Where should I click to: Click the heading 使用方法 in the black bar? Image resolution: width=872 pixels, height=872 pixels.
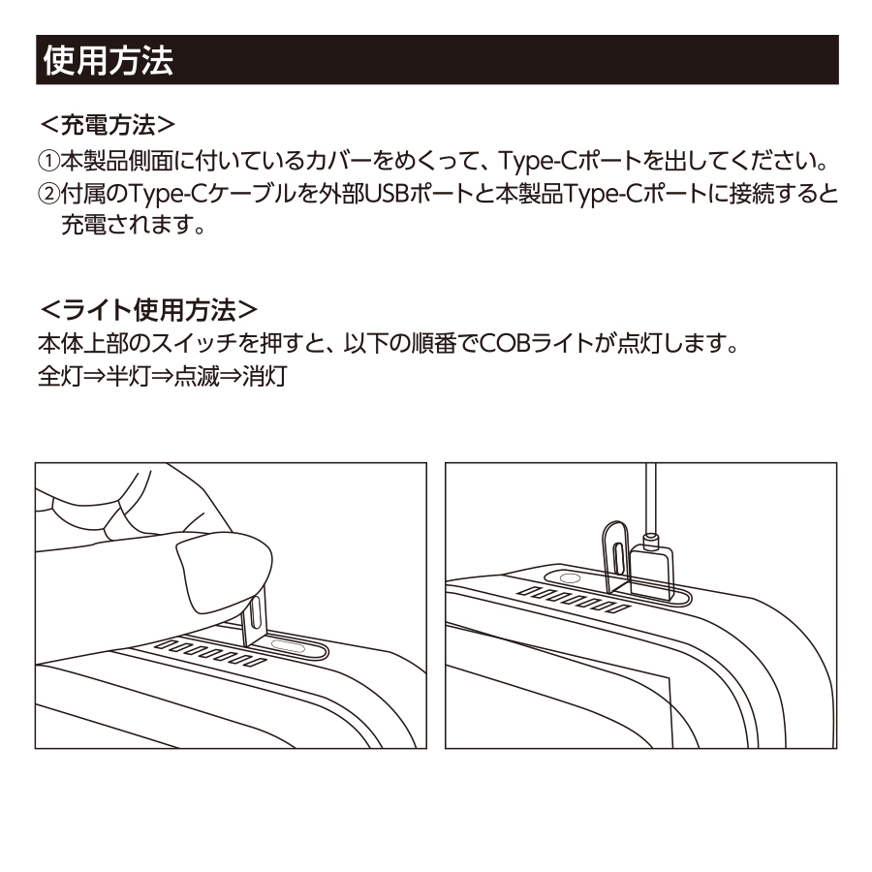click(107, 61)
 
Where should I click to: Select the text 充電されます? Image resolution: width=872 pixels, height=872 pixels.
click(137, 225)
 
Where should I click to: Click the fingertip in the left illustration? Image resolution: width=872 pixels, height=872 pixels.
click(223, 569)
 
